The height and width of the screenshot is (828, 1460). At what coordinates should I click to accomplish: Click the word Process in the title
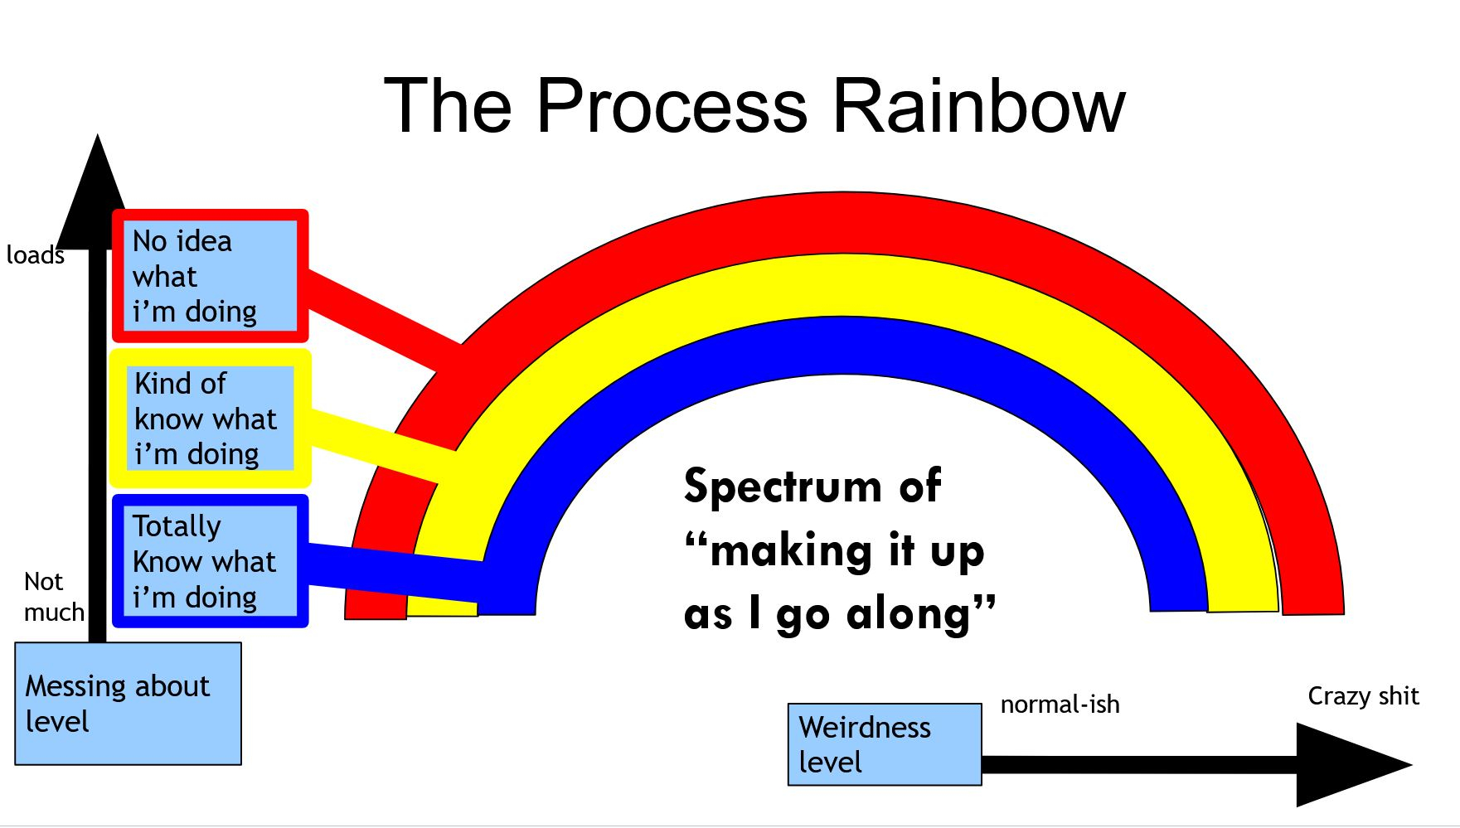672,106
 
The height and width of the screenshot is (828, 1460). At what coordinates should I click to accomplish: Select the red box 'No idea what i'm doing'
210,276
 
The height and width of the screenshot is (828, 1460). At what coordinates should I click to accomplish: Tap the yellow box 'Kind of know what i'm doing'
211,418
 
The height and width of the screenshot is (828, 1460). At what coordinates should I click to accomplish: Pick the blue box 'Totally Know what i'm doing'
210,561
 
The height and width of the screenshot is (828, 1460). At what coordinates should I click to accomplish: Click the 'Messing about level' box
128,703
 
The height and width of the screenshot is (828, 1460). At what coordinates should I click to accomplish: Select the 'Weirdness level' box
884,743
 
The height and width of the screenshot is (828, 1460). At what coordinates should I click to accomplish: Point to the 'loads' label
35,254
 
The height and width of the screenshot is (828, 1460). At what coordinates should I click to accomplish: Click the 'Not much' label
53,596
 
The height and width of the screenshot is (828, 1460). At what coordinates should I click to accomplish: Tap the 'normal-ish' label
1060,705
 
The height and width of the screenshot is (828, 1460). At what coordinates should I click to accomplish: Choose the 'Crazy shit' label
1363,695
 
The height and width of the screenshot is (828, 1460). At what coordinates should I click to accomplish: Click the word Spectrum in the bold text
783,486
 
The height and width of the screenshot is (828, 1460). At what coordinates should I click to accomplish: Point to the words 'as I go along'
837,615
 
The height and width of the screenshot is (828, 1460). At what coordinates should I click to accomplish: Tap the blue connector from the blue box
390,570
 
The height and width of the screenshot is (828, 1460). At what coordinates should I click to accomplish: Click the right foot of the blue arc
1177,593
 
